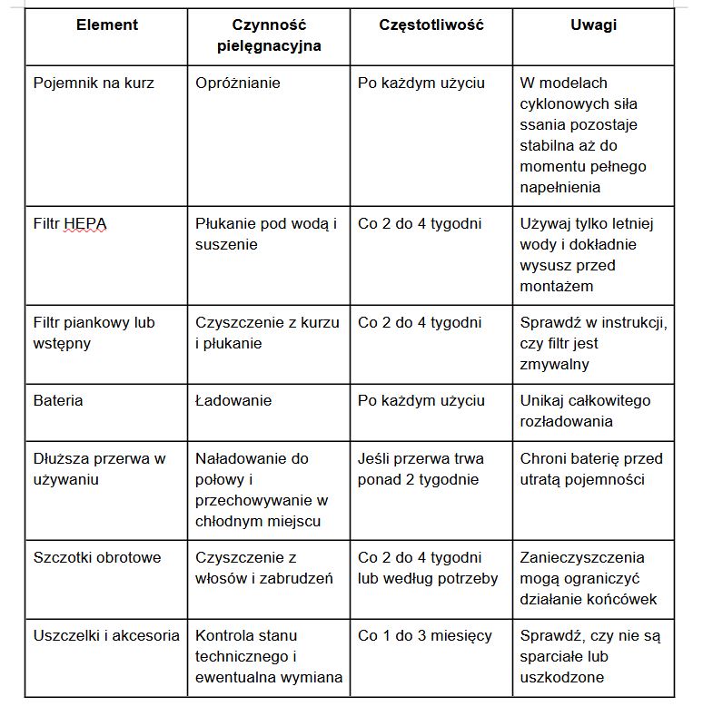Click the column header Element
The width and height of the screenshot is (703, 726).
point(107,25)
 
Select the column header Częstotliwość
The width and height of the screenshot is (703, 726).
point(431,25)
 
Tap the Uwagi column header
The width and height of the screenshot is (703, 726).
point(593,25)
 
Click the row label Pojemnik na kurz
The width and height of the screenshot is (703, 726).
point(94,83)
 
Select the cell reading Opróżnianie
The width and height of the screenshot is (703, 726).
point(238,83)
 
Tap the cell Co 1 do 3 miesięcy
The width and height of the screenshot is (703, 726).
point(425,635)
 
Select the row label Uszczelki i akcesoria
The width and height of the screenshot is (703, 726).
point(106,635)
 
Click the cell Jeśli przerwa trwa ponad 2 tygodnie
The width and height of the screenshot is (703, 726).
point(421,468)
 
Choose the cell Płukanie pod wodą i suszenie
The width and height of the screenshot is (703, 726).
point(265,233)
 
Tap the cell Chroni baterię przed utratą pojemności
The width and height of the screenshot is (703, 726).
point(591,468)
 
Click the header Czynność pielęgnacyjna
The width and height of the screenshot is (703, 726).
point(269,35)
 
